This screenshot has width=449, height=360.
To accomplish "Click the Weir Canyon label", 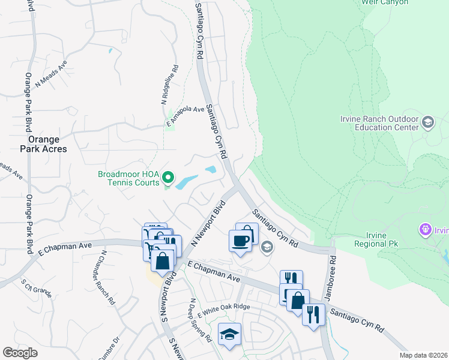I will click(385, 2).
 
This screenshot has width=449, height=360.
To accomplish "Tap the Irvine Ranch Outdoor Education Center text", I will click(379, 123).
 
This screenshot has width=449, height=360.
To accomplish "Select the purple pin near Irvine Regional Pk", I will click(426, 229).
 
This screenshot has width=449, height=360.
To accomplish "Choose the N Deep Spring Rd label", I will click(200, 321).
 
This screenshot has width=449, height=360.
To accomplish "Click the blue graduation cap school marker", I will click(229, 335).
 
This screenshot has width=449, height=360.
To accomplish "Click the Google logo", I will click(20, 352).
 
